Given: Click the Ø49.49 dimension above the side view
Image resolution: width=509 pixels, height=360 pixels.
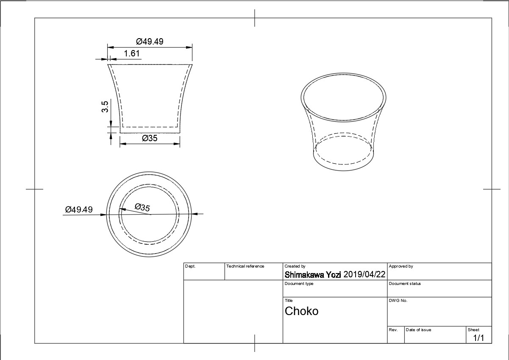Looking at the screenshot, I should click(x=150, y=42).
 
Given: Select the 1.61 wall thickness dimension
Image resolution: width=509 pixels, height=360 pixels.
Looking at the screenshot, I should click(x=132, y=53).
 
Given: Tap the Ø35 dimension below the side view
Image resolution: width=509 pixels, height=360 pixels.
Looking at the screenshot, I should click(x=150, y=138).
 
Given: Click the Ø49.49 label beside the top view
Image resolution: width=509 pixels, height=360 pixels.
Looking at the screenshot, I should click(x=78, y=210).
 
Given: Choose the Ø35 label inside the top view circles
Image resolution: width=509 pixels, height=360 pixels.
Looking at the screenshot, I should click(x=142, y=207).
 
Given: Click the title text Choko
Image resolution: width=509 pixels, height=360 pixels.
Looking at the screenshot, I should click(x=301, y=311).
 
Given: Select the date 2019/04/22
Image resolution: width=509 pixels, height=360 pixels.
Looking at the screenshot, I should click(x=364, y=275).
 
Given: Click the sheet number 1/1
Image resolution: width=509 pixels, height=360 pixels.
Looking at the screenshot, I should click(x=478, y=338).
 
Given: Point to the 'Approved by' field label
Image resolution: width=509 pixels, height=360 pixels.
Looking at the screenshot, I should click(x=401, y=266).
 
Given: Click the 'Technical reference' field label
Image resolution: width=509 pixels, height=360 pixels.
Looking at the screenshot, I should click(x=245, y=266).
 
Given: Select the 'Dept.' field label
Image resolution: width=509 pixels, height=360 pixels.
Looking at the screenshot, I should click(x=190, y=266).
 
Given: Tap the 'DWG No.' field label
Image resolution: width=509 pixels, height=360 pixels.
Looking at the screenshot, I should click(x=398, y=301).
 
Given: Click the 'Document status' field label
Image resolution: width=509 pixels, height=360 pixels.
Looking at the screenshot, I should click(x=405, y=284).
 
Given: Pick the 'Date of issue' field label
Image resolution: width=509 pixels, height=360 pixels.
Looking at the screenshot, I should click(x=418, y=330).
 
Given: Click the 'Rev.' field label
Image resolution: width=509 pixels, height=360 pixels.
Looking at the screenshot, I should click(x=393, y=330).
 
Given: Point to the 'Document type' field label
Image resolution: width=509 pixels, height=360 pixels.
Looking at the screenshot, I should click(x=299, y=284).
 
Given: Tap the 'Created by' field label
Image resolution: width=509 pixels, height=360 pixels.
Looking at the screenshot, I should click(x=295, y=266).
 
